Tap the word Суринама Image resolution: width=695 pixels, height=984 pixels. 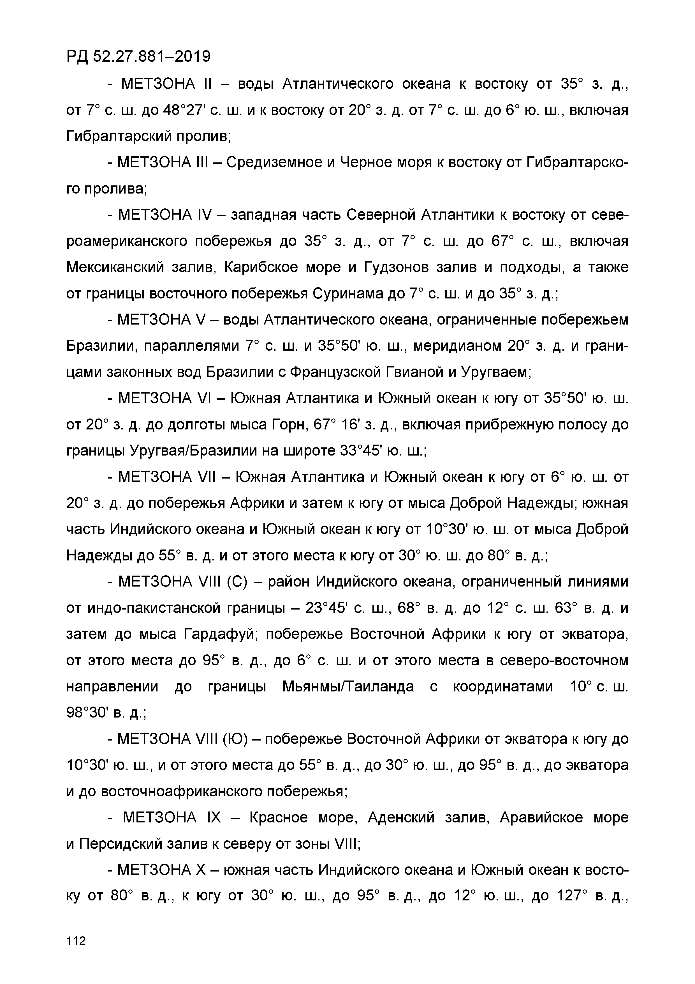(358, 294)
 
